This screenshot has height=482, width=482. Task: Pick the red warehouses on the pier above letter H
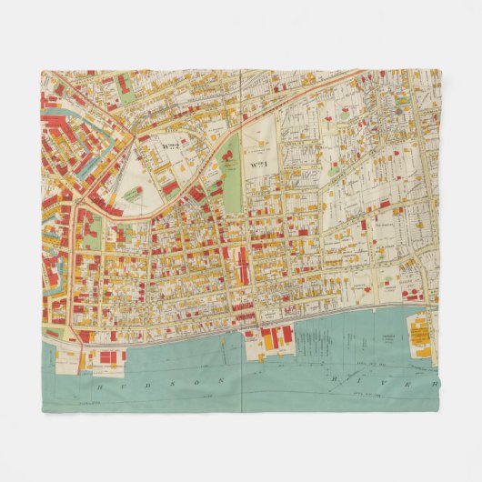click(107, 356)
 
